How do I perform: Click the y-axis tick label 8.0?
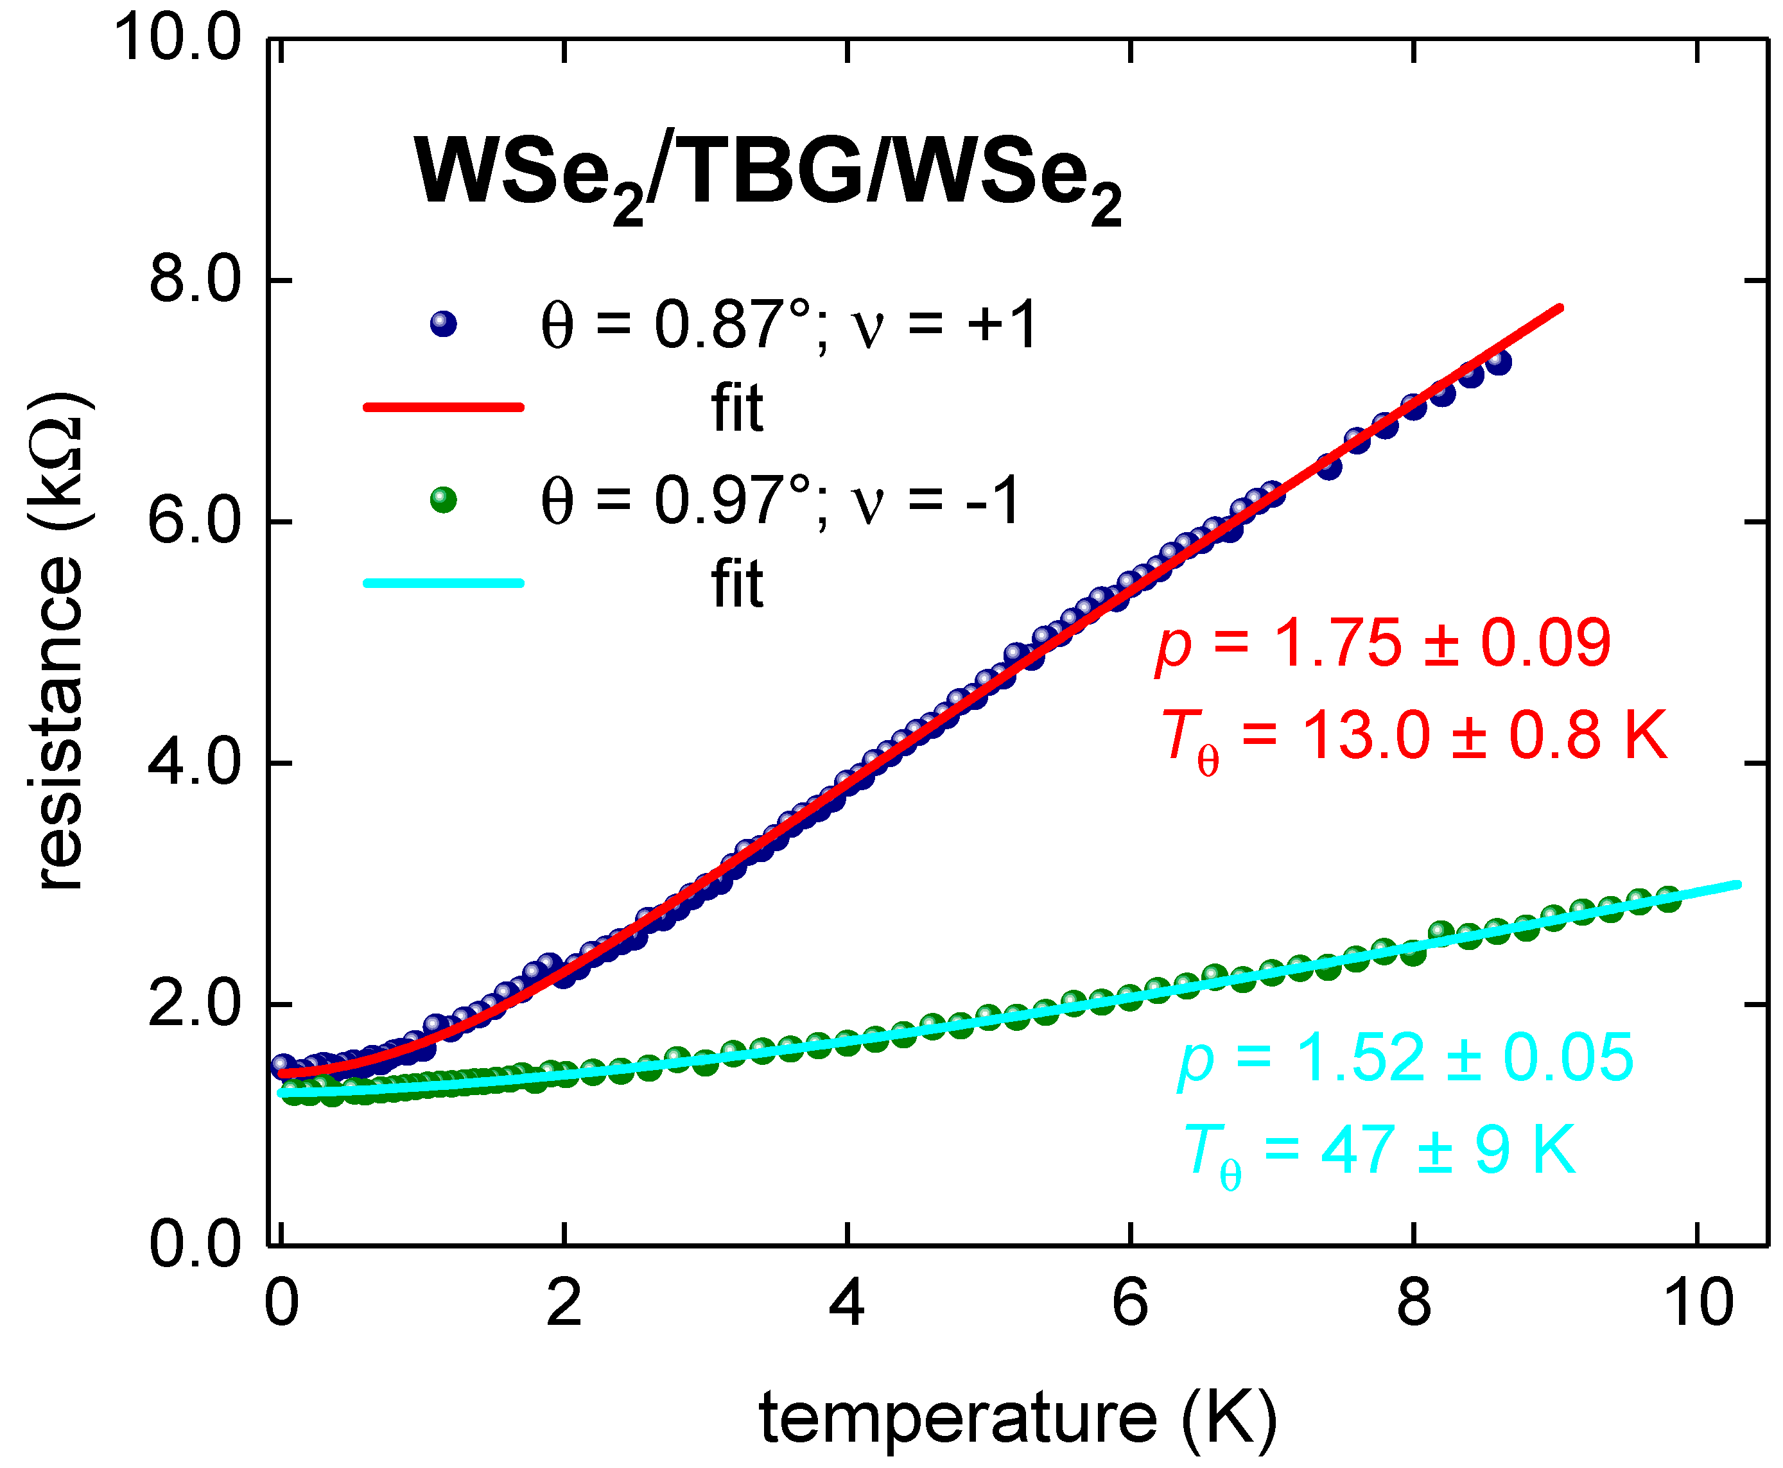pyautogui.click(x=195, y=280)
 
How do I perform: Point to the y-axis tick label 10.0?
pyautogui.click(x=178, y=39)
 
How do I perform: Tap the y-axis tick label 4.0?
pyautogui.click(x=195, y=763)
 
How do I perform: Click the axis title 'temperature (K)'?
pyautogui.click(x=1018, y=1418)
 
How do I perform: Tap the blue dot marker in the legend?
pyautogui.click(x=443, y=324)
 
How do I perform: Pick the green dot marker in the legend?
pyautogui.click(x=443, y=500)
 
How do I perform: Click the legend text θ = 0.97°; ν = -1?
pyautogui.click(x=780, y=501)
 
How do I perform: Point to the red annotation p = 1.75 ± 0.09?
pyautogui.click(x=1383, y=644)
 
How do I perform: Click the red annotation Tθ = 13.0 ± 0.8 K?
pyautogui.click(x=1413, y=738)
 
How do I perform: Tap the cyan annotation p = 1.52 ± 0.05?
pyautogui.click(x=1405, y=1058)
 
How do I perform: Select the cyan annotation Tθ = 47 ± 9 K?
pyautogui.click(x=1380, y=1152)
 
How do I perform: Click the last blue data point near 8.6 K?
pyautogui.click(x=1499, y=362)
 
